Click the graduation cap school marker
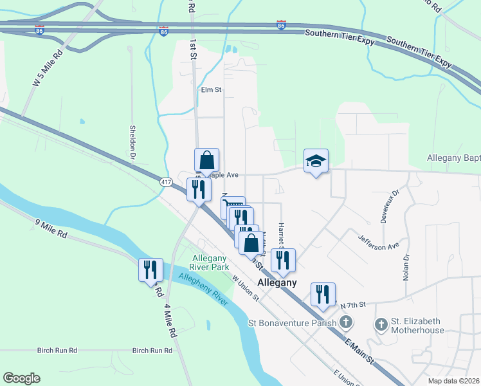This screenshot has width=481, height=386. tap(316, 161)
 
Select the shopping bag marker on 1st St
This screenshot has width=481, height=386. tap(207, 160)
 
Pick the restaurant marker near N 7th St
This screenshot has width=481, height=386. tap(323, 294)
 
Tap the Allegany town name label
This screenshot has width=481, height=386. tap(277, 282)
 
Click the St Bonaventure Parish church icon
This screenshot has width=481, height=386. tap(346, 322)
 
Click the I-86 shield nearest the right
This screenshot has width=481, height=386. tap(281, 25)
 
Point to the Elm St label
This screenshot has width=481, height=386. tap(211, 91)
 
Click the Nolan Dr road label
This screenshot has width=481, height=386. tap(406, 265)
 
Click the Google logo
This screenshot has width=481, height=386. tap(21, 378)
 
